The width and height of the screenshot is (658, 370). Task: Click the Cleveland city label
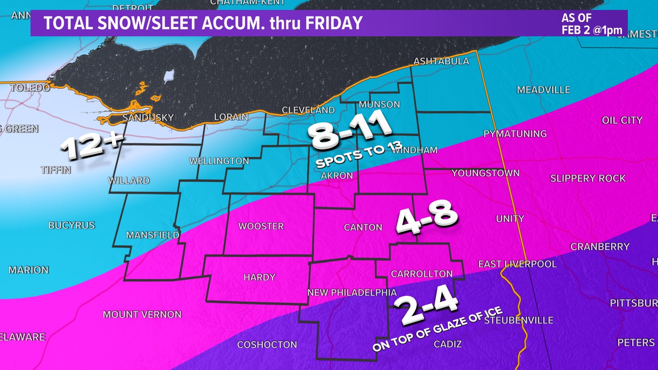308,110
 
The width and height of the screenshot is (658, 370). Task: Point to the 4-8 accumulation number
426,217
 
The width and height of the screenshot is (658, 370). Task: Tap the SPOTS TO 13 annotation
358,155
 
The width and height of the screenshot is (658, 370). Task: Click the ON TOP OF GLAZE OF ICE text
437,329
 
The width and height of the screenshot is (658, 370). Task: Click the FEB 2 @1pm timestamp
592,30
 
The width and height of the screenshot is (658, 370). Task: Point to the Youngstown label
485,173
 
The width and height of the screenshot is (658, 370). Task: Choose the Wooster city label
261,226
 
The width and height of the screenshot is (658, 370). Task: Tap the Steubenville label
519,320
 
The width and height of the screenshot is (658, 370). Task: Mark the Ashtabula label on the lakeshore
441,62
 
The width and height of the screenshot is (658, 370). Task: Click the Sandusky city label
148,118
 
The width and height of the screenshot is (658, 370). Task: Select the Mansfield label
153,235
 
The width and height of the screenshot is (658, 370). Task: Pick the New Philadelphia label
352,293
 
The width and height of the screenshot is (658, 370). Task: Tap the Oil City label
622,121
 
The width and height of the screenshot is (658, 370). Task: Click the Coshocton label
267,345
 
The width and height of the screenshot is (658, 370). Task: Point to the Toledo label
30,88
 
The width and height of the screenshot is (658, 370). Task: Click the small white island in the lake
169,76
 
